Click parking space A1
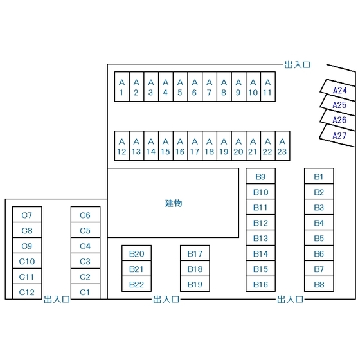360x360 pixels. [122, 87]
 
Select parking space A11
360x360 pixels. [268, 87]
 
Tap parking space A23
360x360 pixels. [283, 145]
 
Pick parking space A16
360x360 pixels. [180, 145]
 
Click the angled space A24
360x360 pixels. [338, 90]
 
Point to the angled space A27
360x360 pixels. [337, 136]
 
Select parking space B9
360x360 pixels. [260, 176]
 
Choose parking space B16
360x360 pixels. [260, 283]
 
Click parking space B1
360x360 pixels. [319, 176]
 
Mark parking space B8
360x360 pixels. [319, 283]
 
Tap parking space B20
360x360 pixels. [136, 253]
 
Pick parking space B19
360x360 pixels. [195, 283]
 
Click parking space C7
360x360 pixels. [27, 215]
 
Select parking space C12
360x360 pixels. [27, 292]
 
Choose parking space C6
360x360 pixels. [85, 215]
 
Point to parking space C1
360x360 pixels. [85, 292]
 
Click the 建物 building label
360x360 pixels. [174, 203]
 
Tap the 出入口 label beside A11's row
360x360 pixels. [298, 65]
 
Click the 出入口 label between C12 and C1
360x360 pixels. [57, 300]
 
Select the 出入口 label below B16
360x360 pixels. [290, 300]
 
